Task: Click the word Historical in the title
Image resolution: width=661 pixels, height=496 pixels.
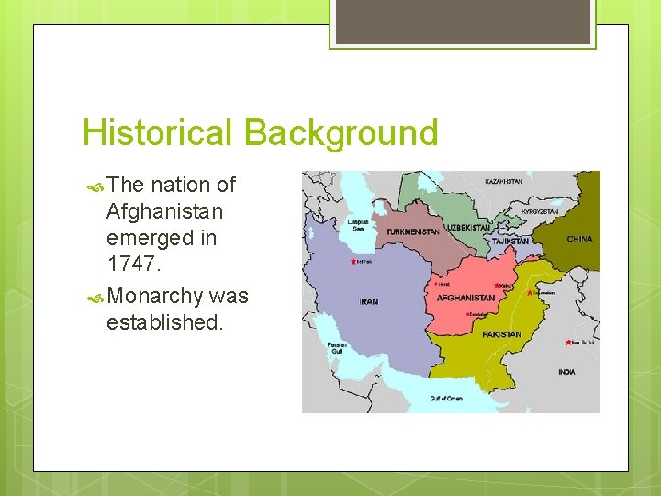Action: [158, 133]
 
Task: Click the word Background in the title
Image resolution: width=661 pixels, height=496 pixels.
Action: [341, 133]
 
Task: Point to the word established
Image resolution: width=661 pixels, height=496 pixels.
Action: [164, 322]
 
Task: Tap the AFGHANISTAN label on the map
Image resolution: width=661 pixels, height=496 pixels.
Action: [465, 298]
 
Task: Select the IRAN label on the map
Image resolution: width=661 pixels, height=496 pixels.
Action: [368, 301]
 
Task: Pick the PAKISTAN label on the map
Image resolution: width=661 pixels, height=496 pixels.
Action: [501, 334]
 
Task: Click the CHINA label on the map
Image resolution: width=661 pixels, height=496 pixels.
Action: [579, 239]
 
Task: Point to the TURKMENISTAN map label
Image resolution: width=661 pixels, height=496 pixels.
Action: [412, 232]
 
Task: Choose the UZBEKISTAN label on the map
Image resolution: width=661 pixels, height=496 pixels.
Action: [467, 227]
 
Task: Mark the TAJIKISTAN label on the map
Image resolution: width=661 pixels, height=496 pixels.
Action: [510, 241]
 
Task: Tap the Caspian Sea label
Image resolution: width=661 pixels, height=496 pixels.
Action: [357, 225]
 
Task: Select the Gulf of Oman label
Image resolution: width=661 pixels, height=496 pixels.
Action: [447, 399]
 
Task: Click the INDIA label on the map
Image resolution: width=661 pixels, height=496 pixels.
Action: [566, 372]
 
